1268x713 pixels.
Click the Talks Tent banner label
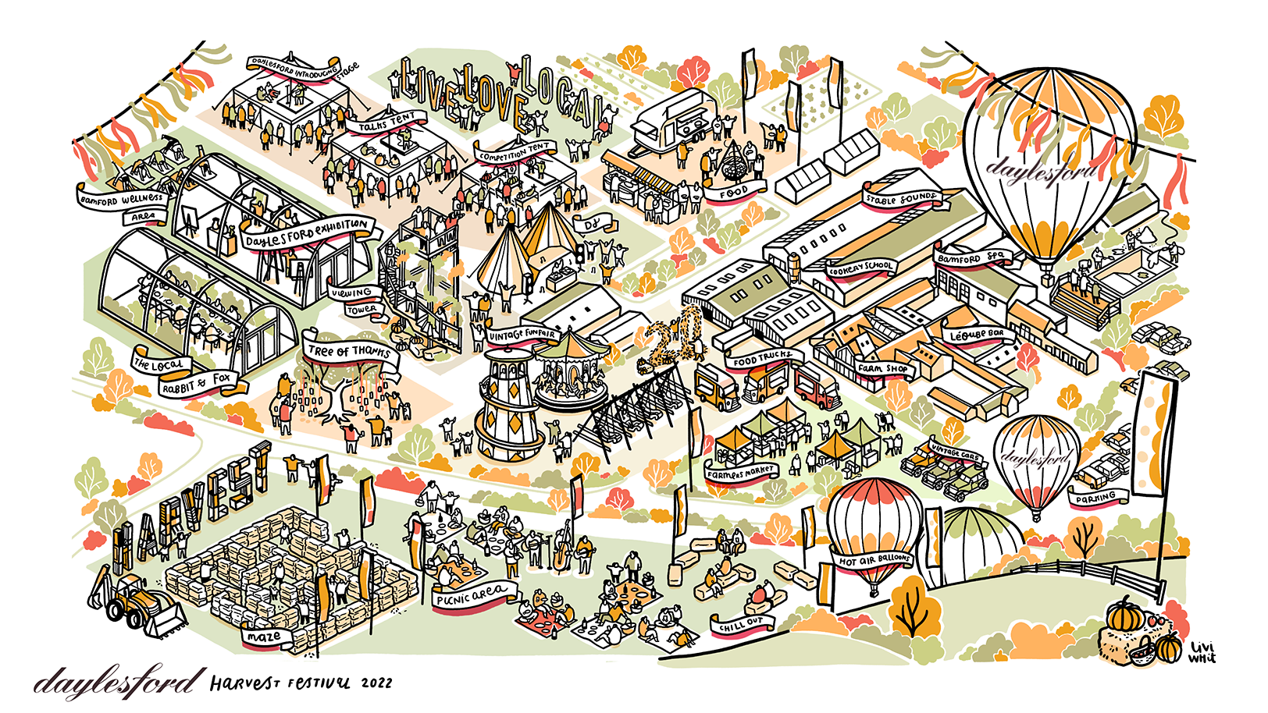(x=389, y=122)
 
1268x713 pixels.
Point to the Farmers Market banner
(x=741, y=473)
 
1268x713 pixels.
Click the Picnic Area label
(x=472, y=595)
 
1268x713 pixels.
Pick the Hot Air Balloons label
(x=874, y=560)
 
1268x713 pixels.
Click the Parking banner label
(x=1095, y=498)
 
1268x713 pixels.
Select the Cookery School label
(x=860, y=267)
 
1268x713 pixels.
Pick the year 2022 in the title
(x=376, y=683)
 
